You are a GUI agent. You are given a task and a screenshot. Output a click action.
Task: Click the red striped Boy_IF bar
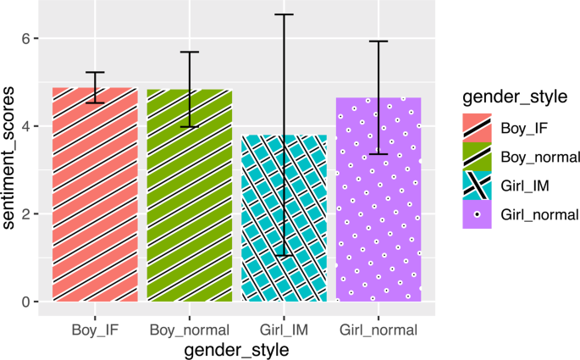(x=94, y=195)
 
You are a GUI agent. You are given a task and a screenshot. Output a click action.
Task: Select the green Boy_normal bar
(x=189, y=196)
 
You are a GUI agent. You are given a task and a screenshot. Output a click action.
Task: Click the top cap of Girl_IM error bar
(x=284, y=14)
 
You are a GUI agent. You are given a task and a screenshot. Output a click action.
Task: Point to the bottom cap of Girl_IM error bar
(x=284, y=255)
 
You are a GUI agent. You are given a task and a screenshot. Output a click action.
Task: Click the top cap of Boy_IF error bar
(x=94, y=72)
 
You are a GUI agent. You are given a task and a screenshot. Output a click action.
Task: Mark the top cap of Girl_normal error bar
(x=378, y=41)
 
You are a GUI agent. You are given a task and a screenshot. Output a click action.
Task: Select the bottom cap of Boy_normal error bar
(x=189, y=126)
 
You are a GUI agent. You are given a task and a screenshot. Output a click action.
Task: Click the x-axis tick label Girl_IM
(x=284, y=329)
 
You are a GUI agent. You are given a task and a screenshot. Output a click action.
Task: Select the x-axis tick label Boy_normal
(x=189, y=329)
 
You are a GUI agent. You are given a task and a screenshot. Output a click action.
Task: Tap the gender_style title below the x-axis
(x=236, y=348)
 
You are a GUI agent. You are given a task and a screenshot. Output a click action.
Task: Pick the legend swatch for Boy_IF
(x=477, y=127)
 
